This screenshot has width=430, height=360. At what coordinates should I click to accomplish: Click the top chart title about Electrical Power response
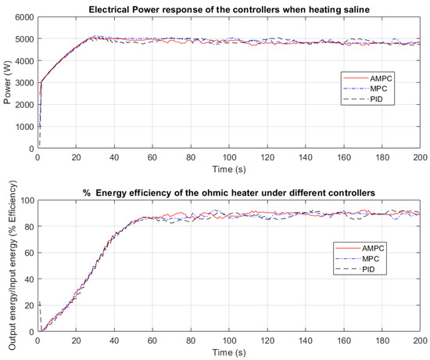[228, 9]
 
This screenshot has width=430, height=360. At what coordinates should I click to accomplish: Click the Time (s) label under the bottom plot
[228, 353]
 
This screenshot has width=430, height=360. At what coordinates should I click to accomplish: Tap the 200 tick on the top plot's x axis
[419, 157]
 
